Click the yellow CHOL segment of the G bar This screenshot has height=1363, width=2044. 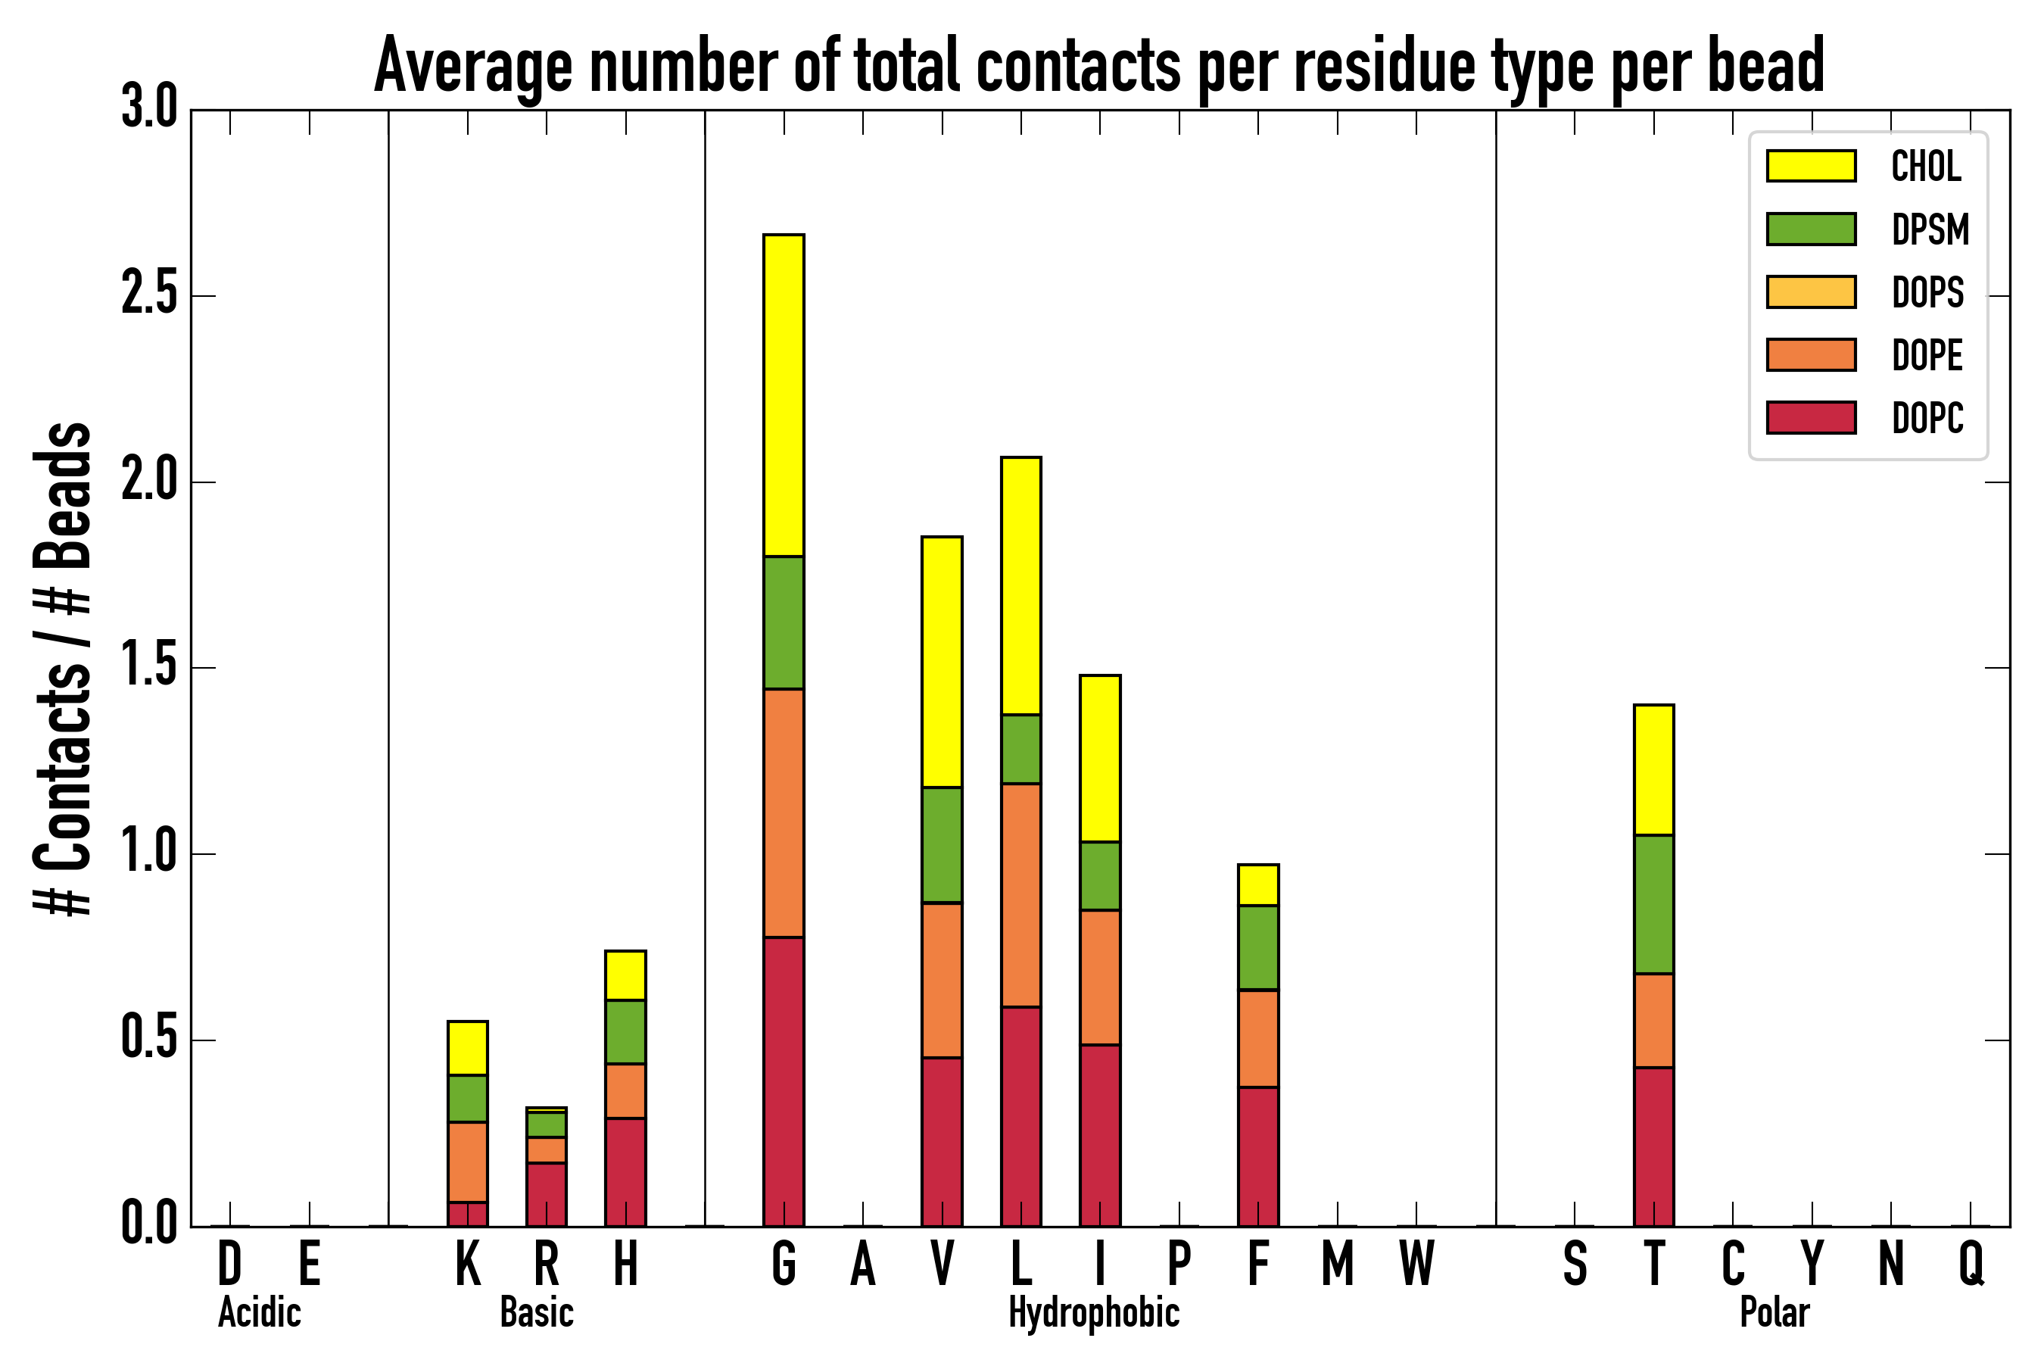coord(784,395)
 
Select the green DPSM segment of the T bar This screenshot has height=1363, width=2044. coord(1654,905)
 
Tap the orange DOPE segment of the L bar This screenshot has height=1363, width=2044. coord(1021,895)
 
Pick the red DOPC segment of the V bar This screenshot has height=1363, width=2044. coord(942,1141)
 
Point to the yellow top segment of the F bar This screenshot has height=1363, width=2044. coord(1258,886)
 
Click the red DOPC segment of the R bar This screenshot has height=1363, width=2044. coord(546,1194)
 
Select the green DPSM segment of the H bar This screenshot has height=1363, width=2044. coord(626,1032)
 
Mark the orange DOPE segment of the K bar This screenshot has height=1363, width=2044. coord(468,1162)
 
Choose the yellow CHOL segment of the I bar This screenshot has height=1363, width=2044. coord(1100,758)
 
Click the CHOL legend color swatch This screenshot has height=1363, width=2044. coord(1811,165)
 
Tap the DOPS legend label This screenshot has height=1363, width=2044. coord(1927,292)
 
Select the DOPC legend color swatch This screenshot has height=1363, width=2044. coord(1811,417)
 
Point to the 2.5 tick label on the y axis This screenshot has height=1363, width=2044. coord(148,295)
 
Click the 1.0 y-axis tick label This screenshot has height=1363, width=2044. coord(148,853)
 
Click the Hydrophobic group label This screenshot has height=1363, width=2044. coord(1094,1312)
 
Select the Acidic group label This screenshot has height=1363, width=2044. coord(259,1312)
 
